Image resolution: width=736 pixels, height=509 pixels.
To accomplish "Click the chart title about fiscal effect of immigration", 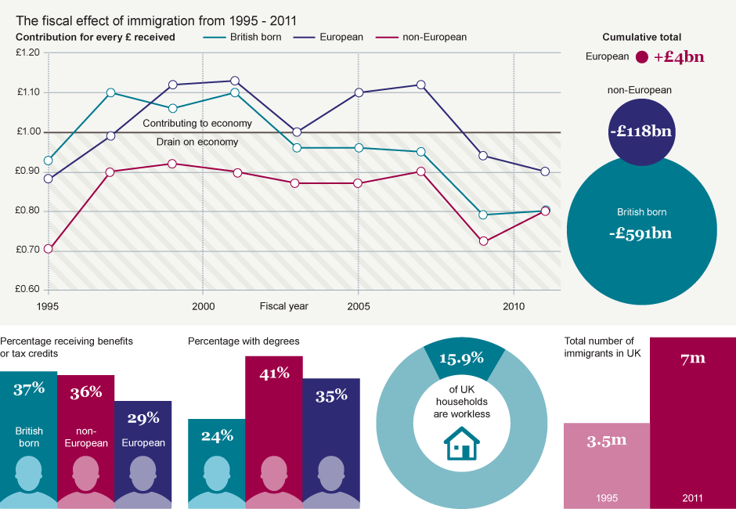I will pyautogui.click(x=157, y=20).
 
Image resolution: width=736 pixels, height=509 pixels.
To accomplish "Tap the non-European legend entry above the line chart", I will pyautogui.click(x=434, y=37).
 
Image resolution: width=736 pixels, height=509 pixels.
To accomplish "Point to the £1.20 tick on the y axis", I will pyautogui.click(x=27, y=52).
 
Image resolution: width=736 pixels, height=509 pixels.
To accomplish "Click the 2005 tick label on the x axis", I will pyautogui.click(x=359, y=305).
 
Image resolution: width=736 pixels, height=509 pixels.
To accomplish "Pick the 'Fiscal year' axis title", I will pyautogui.click(x=284, y=305).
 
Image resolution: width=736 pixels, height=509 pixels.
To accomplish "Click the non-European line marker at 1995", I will pyautogui.click(x=49, y=249).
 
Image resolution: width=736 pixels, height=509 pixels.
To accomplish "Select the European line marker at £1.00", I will pyautogui.click(x=297, y=132).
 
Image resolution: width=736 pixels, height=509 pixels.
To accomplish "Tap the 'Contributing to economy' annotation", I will pyautogui.click(x=197, y=124).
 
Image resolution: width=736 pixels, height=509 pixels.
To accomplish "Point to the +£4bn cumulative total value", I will pyautogui.click(x=679, y=56).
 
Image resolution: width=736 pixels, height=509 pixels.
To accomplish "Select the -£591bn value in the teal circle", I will pyautogui.click(x=641, y=233).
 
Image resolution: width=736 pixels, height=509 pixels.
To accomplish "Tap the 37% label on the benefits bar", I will pyautogui.click(x=29, y=388).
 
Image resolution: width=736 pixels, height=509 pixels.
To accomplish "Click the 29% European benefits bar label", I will pyautogui.click(x=143, y=418).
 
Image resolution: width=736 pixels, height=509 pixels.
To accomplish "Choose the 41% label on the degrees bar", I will pyautogui.click(x=274, y=373).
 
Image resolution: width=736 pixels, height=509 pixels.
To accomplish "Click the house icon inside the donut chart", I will pyautogui.click(x=462, y=443).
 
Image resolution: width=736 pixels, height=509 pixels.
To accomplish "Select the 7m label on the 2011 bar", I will pyautogui.click(x=692, y=358).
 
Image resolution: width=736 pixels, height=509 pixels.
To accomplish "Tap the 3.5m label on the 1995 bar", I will pyautogui.click(x=607, y=440).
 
